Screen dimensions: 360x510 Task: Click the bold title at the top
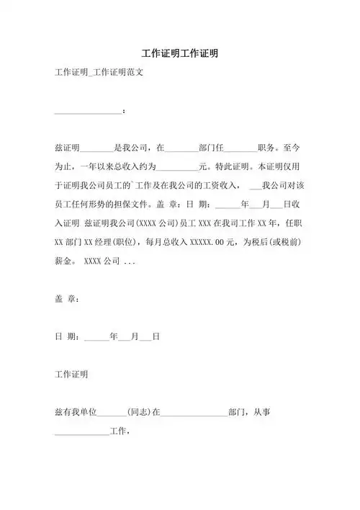(x=180, y=54)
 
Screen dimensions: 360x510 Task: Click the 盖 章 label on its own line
(x=66, y=298)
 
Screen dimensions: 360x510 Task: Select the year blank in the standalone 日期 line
(x=96, y=336)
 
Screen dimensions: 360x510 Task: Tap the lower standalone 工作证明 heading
(x=71, y=375)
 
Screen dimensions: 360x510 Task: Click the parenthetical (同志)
(x=139, y=413)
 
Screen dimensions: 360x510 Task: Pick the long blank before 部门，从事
(x=194, y=413)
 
